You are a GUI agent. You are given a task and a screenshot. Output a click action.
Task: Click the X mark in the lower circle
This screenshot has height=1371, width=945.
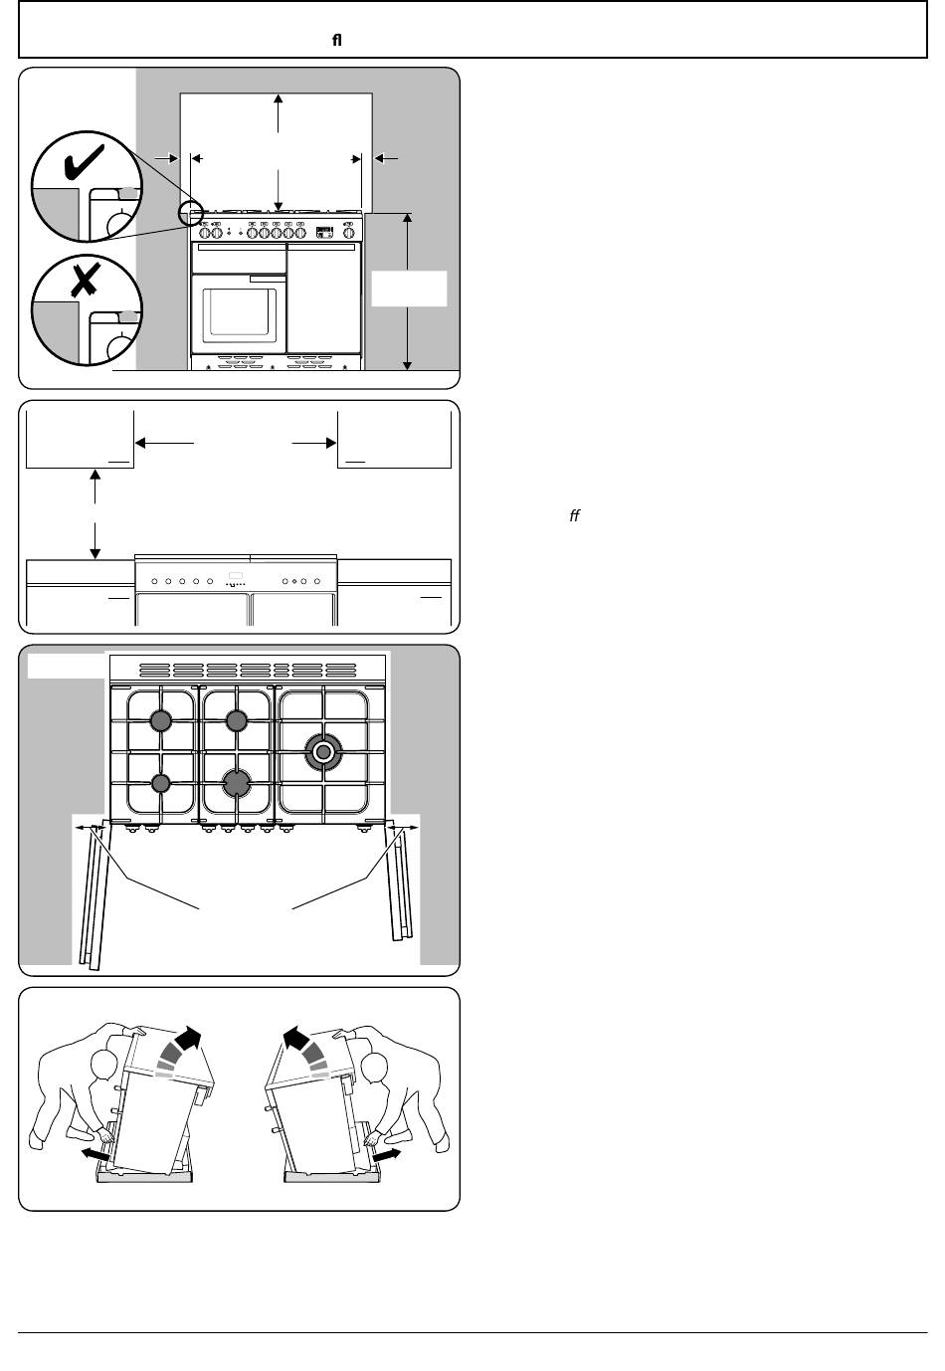(85, 281)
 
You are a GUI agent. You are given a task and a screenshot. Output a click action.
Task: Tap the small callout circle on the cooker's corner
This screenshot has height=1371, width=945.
(190, 213)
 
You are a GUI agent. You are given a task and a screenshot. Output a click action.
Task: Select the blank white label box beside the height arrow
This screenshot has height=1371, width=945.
(409, 289)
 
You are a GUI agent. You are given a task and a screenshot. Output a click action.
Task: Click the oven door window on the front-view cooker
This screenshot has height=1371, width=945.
(239, 312)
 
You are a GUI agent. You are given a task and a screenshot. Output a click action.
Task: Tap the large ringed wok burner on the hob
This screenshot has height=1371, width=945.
(323, 751)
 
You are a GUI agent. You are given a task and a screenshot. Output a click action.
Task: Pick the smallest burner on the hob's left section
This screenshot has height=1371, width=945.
(160, 783)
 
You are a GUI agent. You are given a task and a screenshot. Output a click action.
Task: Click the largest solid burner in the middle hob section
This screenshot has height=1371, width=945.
(237, 783)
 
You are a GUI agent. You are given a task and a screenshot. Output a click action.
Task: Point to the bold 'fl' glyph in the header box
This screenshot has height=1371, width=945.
(336, 41)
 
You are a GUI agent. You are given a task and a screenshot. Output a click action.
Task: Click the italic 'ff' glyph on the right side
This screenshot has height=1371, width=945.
(574, 516)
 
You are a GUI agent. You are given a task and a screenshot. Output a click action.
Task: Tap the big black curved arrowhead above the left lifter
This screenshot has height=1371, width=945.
(189, 1039)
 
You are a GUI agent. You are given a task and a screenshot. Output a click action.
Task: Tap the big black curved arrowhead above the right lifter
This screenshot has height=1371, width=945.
(296, 1039)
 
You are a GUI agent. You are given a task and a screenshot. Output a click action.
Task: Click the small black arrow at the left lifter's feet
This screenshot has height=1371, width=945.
(95, 1154)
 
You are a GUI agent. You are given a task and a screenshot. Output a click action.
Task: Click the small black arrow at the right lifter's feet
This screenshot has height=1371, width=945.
(387, 1154)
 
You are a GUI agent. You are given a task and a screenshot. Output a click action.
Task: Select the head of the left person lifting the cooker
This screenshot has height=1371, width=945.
(104, 1065)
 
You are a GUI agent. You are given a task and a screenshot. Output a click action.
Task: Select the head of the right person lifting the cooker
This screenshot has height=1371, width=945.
(374, 1068)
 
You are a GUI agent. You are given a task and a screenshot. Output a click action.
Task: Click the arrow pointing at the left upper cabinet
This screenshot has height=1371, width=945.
(165, 443)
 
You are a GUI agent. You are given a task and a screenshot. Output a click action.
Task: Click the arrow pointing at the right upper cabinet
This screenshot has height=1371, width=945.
(314, 443)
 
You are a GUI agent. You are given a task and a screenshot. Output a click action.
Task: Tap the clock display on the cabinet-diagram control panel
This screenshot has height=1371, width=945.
(236, 575)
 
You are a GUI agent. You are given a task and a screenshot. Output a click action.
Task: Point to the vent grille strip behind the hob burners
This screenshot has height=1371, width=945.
(248, 670)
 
